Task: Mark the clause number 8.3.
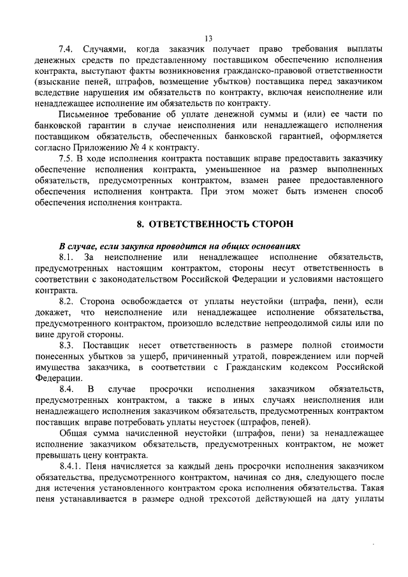tap(68, 344)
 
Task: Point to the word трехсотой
tap(244, 499)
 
